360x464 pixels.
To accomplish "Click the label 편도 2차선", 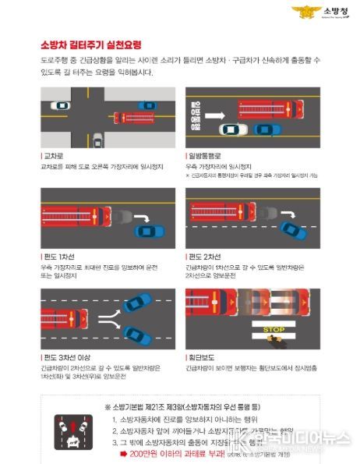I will (205, 255).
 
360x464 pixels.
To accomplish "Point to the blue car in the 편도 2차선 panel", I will (294, 230).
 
